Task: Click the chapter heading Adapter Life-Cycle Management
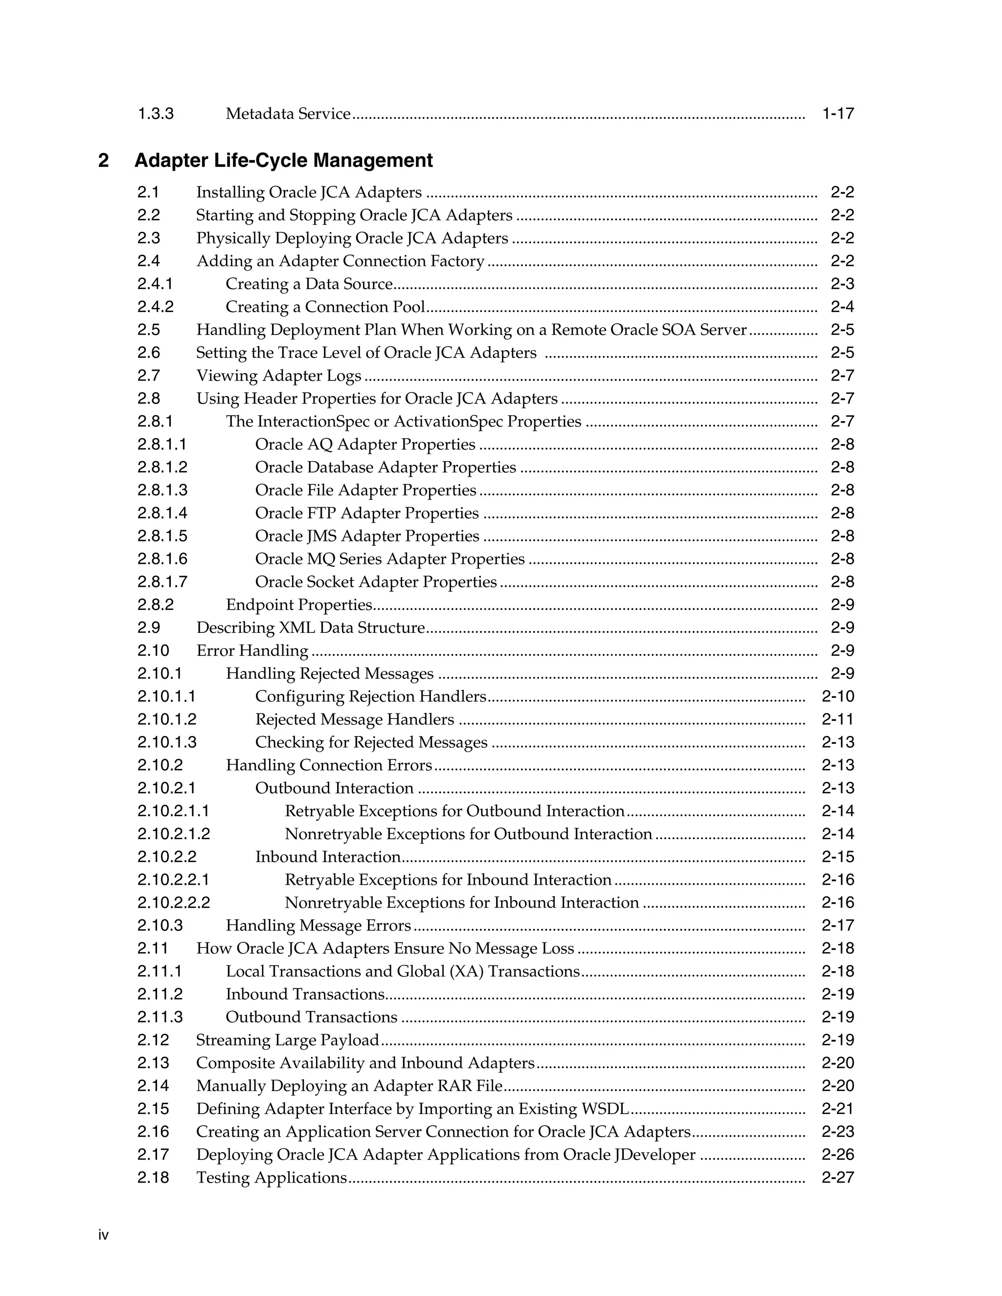point(283,160)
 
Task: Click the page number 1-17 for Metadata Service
point(838,113)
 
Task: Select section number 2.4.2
point(156,307)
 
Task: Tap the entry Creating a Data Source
point(309,284)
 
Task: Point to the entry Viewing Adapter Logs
point(278,376)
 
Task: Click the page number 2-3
point(842,284)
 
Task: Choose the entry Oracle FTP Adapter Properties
point(366,513)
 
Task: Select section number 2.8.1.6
point(162,559)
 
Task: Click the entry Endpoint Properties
point(298,604)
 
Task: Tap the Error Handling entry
point(252,650)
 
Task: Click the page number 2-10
point(838,696)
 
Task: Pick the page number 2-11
point(838,719)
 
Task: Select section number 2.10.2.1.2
point(173,834)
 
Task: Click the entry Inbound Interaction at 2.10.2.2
point(328,857)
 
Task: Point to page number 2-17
point(838,925)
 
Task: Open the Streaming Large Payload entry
point(287,1040)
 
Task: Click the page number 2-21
point(838,1109)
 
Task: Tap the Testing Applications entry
point(271,1177)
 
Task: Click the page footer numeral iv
point(103,1235)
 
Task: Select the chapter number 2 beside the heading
point(103,160)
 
